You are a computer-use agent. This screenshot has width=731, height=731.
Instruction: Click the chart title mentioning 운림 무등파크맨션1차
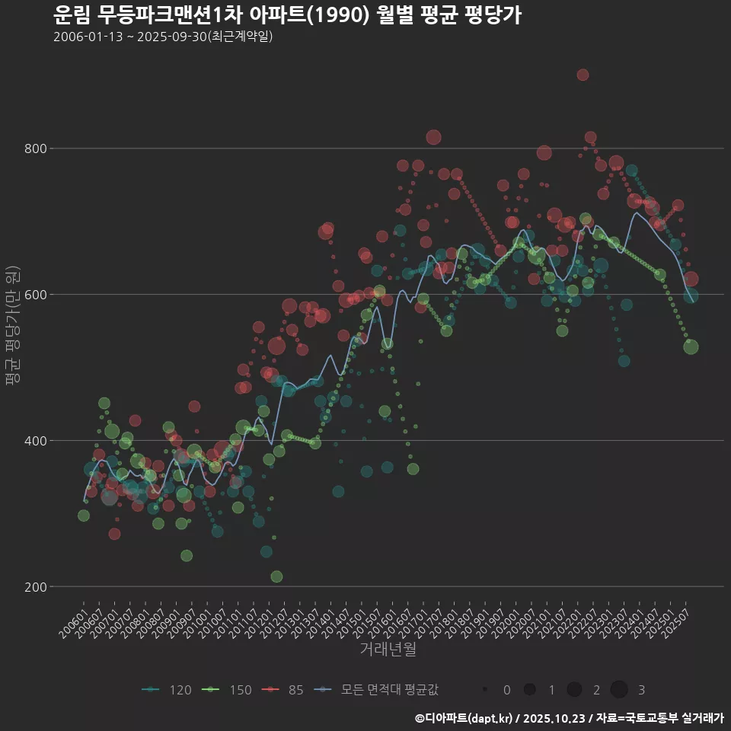point(287,15)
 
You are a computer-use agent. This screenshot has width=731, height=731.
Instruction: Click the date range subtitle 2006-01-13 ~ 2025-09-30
point(163,37)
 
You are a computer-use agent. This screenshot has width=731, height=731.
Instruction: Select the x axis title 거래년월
point(388,650)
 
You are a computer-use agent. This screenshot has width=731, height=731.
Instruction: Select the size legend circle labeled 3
point(619,690)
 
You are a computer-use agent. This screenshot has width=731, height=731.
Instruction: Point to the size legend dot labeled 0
point(485,690)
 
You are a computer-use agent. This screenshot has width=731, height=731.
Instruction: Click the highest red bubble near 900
point(583,75)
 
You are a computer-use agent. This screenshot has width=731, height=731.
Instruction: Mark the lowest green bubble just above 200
point(276,576)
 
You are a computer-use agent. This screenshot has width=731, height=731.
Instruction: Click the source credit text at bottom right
point(569,718)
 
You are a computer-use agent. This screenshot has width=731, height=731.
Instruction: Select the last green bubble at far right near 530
point(691,347)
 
